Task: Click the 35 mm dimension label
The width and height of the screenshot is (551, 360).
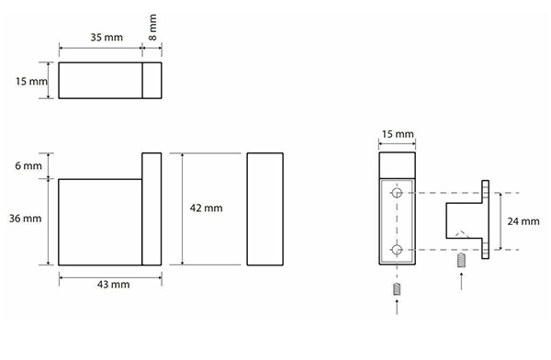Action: click(x=107, y=38)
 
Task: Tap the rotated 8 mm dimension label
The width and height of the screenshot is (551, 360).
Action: click(x=152, y=28)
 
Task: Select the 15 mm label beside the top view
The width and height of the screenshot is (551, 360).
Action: click(x=31, y=81)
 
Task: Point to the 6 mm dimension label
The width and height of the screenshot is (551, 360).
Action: click(x=28, y=165)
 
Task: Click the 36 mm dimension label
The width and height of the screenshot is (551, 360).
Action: click(x=26, y=219)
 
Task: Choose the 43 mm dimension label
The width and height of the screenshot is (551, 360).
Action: click(x=114, y=284)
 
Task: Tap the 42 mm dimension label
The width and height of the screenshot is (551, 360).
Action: click(x=207, y=208)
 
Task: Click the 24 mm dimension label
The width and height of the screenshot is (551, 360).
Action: click(x=523, y=221)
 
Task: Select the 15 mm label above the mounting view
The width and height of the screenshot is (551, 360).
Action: click(x=398, y=134)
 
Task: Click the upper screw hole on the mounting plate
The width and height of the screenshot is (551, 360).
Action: click(x=397, y=193)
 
